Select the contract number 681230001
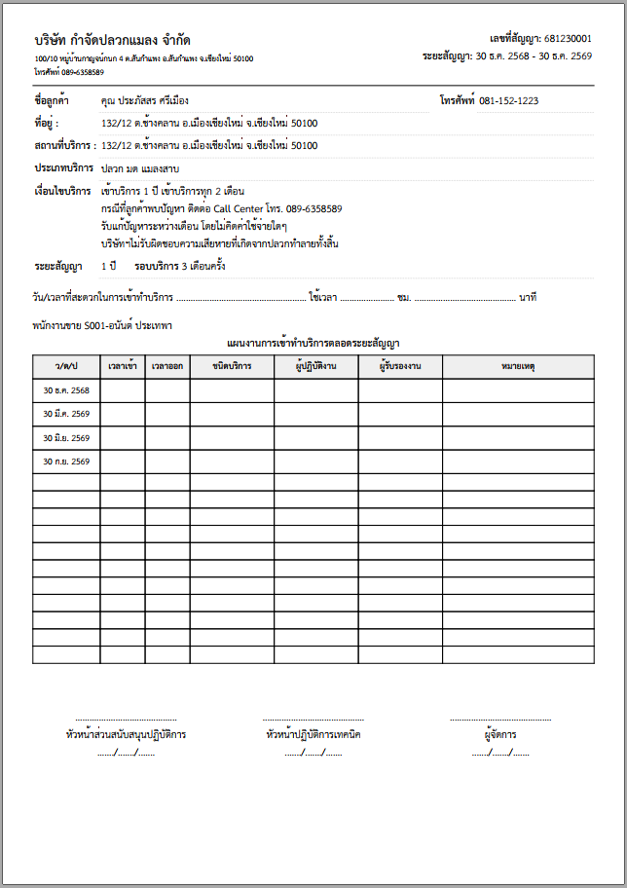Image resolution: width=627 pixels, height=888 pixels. point(568,38)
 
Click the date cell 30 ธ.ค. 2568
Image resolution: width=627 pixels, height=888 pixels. point(66,389)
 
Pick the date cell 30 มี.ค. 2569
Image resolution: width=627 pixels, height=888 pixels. point(66,414)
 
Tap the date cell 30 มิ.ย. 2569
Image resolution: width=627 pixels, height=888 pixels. point(66,438)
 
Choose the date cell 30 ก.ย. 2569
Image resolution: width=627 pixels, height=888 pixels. point(66,462)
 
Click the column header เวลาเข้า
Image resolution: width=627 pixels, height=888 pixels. point(123,366)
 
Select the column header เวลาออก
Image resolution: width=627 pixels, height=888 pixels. point(167,366)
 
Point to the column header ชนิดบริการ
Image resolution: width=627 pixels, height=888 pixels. point(232,366)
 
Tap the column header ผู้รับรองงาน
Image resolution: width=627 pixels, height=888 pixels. point(399,366)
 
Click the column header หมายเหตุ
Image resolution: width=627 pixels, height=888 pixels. point(518,366)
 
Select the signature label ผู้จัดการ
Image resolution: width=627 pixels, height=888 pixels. point(500,734)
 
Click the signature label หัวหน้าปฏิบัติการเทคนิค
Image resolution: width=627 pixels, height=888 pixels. point(313,734)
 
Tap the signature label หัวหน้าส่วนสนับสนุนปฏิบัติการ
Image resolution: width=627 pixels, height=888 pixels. point(126,734)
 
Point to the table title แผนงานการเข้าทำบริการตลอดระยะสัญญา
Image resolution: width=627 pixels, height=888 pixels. point(313,343)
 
